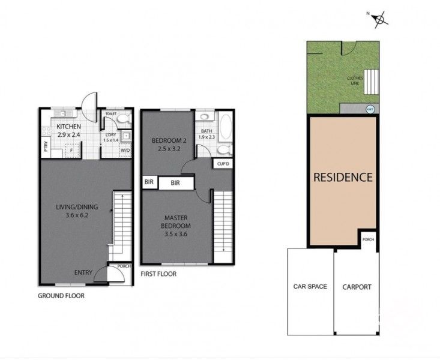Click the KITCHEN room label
[70, 127]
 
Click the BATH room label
[206, 131]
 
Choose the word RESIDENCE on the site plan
[343, 178]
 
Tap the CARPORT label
[357, 287]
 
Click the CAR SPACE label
[310, 286]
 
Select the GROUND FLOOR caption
[61, 296]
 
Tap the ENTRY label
[83, 272]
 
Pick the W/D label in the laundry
[125, 150]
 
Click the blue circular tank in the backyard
[370, 109]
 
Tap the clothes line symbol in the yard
[373, 80]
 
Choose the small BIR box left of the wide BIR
[148, 182]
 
